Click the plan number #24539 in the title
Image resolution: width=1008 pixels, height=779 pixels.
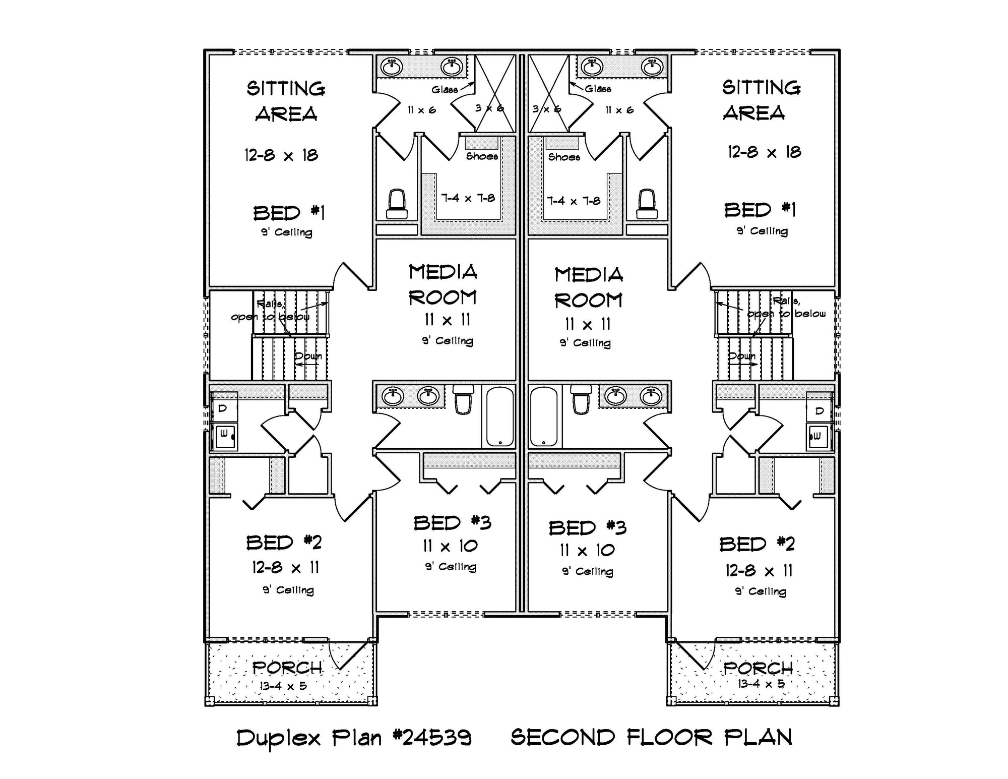pos(432,738)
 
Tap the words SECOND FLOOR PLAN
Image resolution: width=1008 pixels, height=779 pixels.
pos(651,738)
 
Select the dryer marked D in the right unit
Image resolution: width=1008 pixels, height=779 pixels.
pos(819,411)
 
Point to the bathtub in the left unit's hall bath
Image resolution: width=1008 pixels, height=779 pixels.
pos(499,416)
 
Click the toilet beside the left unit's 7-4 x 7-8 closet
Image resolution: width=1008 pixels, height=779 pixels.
pos(397,204)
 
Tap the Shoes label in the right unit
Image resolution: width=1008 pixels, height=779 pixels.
pos(564,157)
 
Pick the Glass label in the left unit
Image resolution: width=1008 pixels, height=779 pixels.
pos(445,89)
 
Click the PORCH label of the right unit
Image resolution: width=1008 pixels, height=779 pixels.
pos(758,669)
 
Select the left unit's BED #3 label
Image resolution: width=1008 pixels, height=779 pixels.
pos(452,523)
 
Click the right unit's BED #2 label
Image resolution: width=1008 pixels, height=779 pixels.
pos(757,545)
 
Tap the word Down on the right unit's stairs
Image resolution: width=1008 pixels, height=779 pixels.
pos(741,356)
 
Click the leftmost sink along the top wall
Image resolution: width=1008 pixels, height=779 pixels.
pos(392,67)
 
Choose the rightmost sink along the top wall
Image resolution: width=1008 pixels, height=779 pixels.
pos(652,66)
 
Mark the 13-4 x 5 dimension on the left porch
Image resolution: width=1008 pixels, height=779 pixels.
pos(283,686)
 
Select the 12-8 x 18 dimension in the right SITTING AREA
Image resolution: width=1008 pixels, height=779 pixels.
pos(764,152)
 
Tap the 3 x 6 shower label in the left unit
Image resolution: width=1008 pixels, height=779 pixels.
pos(489,108)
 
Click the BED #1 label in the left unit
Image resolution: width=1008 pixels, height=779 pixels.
pos(289,213)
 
